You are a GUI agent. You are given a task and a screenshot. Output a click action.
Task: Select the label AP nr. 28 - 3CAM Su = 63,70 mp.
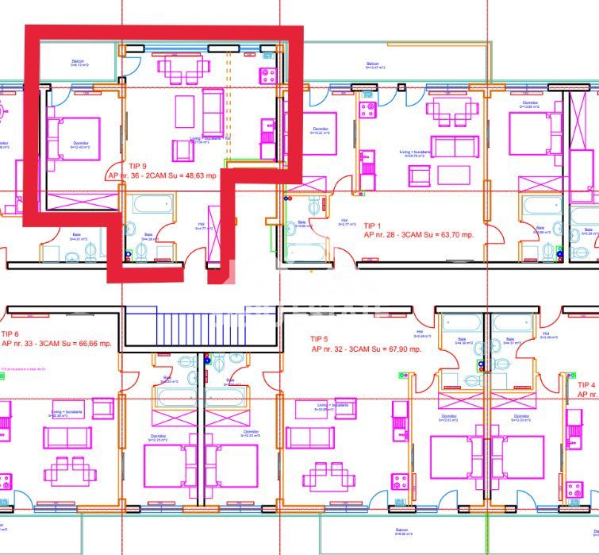(x=418, y=235)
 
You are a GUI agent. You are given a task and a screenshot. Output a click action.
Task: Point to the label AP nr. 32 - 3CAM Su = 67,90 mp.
(x=366, y=349)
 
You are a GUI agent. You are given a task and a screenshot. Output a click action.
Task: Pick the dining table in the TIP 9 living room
(x=185, y=111)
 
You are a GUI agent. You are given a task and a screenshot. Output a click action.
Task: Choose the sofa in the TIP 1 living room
(x=455, y=147)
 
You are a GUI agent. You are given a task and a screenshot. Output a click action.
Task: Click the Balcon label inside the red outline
(x=78, y=63)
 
